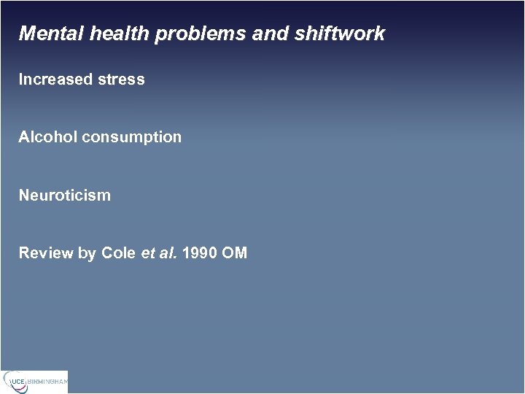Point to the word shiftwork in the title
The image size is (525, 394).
point(341,34)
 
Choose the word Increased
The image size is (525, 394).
point(55,80)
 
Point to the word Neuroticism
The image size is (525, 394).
point(65,196)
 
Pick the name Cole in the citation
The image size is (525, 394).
point(118,253)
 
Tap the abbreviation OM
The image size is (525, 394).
point(236,253)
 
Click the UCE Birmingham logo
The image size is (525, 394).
point(34,382)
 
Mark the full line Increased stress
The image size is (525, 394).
point(82,80)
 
